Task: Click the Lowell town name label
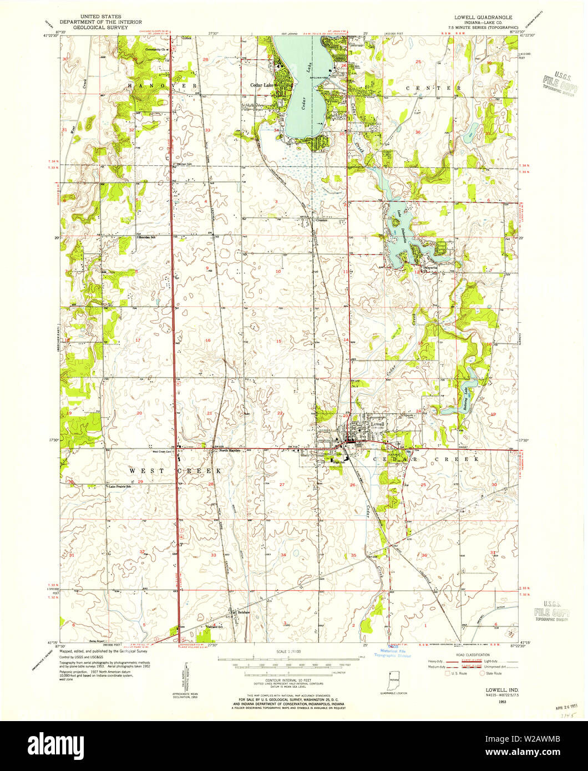[x=377, y=423]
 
